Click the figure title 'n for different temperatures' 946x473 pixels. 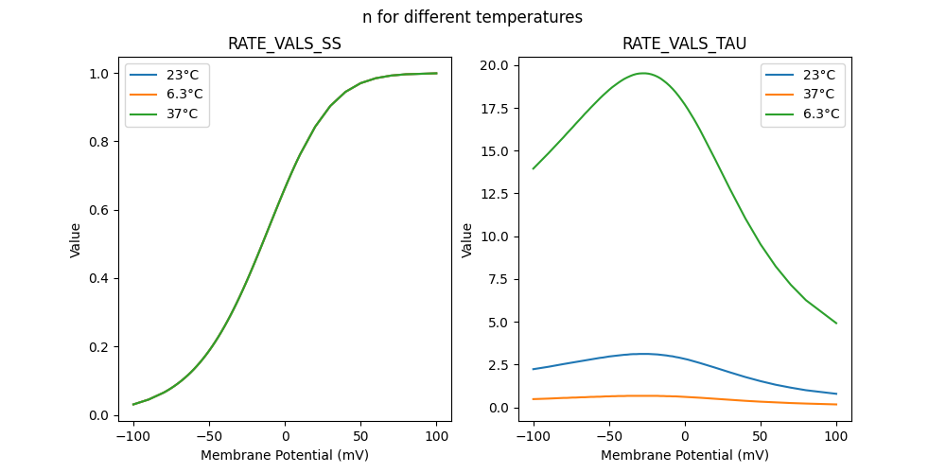(472, 17)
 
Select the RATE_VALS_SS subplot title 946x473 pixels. (284, 44)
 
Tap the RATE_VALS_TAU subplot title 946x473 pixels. (685, 44)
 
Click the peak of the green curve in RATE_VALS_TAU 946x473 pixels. (643, 73)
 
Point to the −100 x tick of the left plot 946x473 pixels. (133, 437)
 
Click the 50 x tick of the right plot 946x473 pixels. (761, 437)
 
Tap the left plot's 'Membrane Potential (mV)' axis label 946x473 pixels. (284, 455)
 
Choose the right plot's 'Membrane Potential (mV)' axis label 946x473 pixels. (685, 455)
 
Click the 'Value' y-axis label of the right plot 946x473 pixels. (467, 240)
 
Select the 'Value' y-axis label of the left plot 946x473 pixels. (76, 240)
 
